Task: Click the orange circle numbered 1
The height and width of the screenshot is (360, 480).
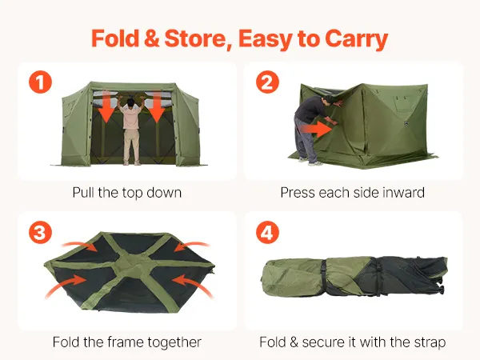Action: [41, 82]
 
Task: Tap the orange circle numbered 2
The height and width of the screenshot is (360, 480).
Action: [267, 82]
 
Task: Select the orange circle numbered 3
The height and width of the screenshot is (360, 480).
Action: [41, 232]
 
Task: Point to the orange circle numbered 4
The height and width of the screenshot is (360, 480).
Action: [267, 232]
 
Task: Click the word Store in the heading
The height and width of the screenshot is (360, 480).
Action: [198, 39]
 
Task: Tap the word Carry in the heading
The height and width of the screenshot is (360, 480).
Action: [356, 40]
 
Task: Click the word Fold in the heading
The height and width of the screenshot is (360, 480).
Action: [115, 38]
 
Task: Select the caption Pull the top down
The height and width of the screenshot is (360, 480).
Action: [127, 193]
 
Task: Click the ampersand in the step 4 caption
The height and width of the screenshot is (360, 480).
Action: [294, 342]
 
